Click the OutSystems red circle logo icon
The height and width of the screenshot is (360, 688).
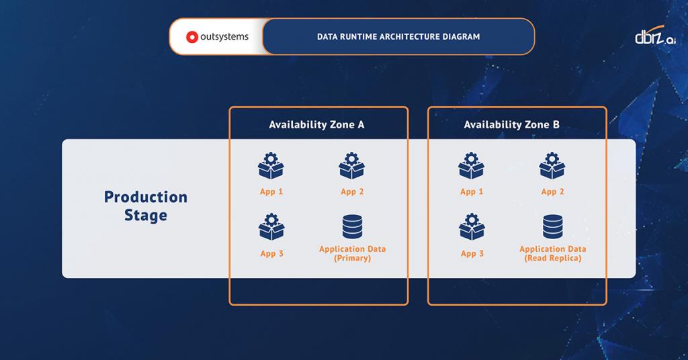[x=191, y=37]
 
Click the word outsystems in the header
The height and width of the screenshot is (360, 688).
[x=224, y=37]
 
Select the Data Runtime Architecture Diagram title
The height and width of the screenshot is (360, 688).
[x=398, y=37]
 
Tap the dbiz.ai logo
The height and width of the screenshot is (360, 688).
[x=655, y=38]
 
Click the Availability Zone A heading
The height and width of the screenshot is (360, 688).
[x=316, y=125]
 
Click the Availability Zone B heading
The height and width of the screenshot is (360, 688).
[x=511, y=125]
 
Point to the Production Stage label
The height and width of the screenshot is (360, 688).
[x=146, y=206]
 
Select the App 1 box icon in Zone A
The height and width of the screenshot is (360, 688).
[x=271, y=167]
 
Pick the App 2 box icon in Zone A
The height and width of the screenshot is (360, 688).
[x=352, y=167]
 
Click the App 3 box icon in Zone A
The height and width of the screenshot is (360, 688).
[x=271, y=228]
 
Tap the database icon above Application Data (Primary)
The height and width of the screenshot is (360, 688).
[x=352, y=227]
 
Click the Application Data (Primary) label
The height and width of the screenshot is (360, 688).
[x=352, y=253]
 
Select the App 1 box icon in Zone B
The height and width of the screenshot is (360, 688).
[x=472, y=167]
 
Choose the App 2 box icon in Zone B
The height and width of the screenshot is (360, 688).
[x=552, y=167]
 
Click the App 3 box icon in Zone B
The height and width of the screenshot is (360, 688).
[x=472, y=228]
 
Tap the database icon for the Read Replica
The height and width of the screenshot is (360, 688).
[x=552, y=227]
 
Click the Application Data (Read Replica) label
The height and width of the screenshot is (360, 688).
[x=552, y=253]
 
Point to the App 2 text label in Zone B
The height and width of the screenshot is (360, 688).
[x=552, y=191]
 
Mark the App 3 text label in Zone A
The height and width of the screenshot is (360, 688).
[x=271, y=254]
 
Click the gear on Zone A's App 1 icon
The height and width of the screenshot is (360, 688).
[x=271, y=159]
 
